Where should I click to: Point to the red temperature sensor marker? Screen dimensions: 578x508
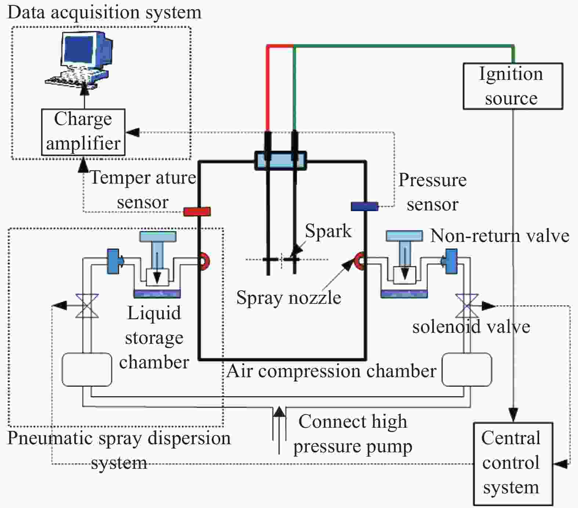(197, 211)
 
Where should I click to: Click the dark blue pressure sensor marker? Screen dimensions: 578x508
(364, 206)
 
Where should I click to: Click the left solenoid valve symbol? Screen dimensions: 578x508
(87, 305)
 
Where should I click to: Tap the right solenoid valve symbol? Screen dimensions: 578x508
(466, 305)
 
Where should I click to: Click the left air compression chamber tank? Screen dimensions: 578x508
(87, 369)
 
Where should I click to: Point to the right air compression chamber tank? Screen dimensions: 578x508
(467, 369)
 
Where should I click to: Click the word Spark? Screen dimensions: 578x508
(328, 231)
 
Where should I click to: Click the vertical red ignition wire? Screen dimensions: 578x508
(268, 88)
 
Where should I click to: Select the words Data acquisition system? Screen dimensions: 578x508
(105, 12)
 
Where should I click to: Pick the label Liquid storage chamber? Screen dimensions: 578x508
(154, 338)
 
